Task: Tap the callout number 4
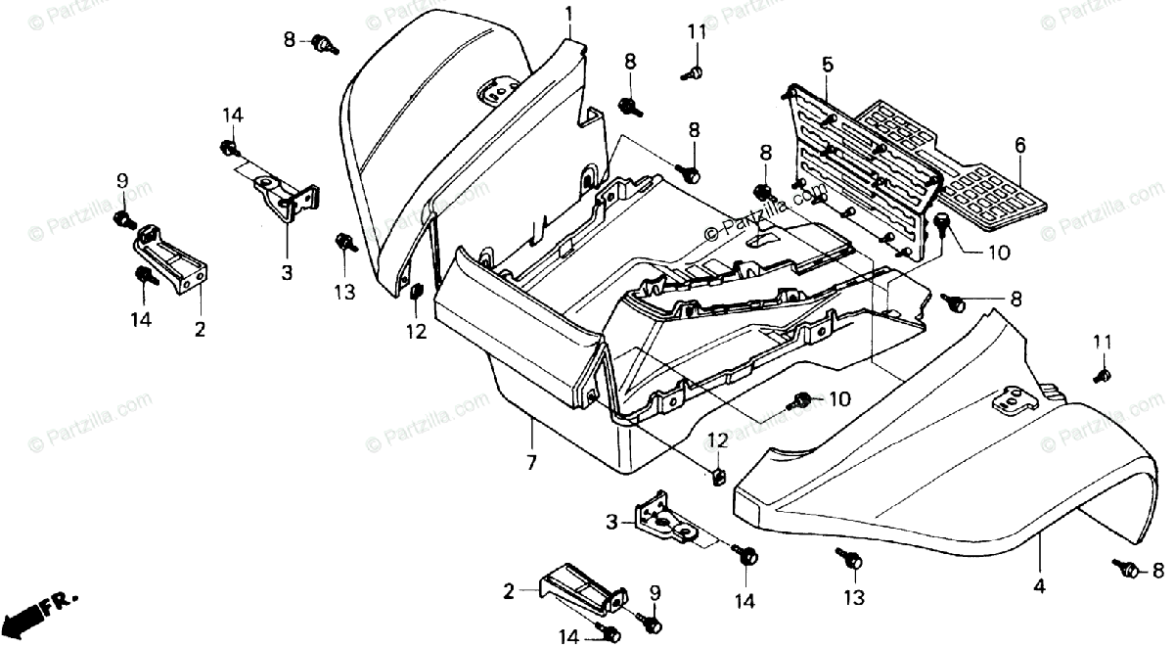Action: click(1039, 585)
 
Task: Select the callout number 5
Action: click(827, 66)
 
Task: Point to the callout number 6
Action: click(1019, 145)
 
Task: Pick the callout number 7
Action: click(531, 463)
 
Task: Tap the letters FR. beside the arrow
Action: click(61, 604)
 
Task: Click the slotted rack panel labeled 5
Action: click(860, 173)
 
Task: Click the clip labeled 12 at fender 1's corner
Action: click(416, 291)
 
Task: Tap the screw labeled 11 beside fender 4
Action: click(1102, 376)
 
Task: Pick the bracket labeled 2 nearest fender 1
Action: click(171, 259)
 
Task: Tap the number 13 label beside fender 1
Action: click(344, 293)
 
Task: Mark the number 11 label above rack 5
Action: click(697, 32)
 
